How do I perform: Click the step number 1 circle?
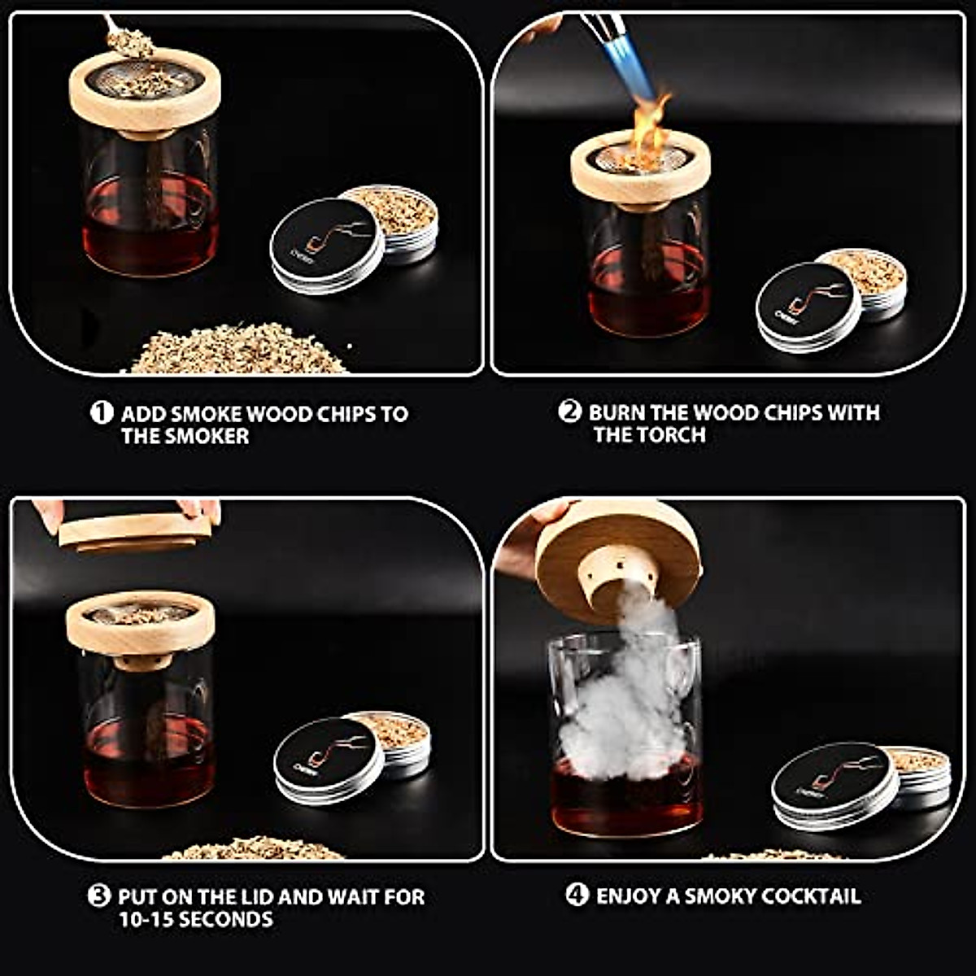(x=101, y=412)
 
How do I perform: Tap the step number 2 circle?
(x=569, y=412)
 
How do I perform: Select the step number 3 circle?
(x=98, y=896)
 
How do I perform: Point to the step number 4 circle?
(x=576, y=895)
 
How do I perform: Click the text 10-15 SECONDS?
(x=195, y=920)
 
